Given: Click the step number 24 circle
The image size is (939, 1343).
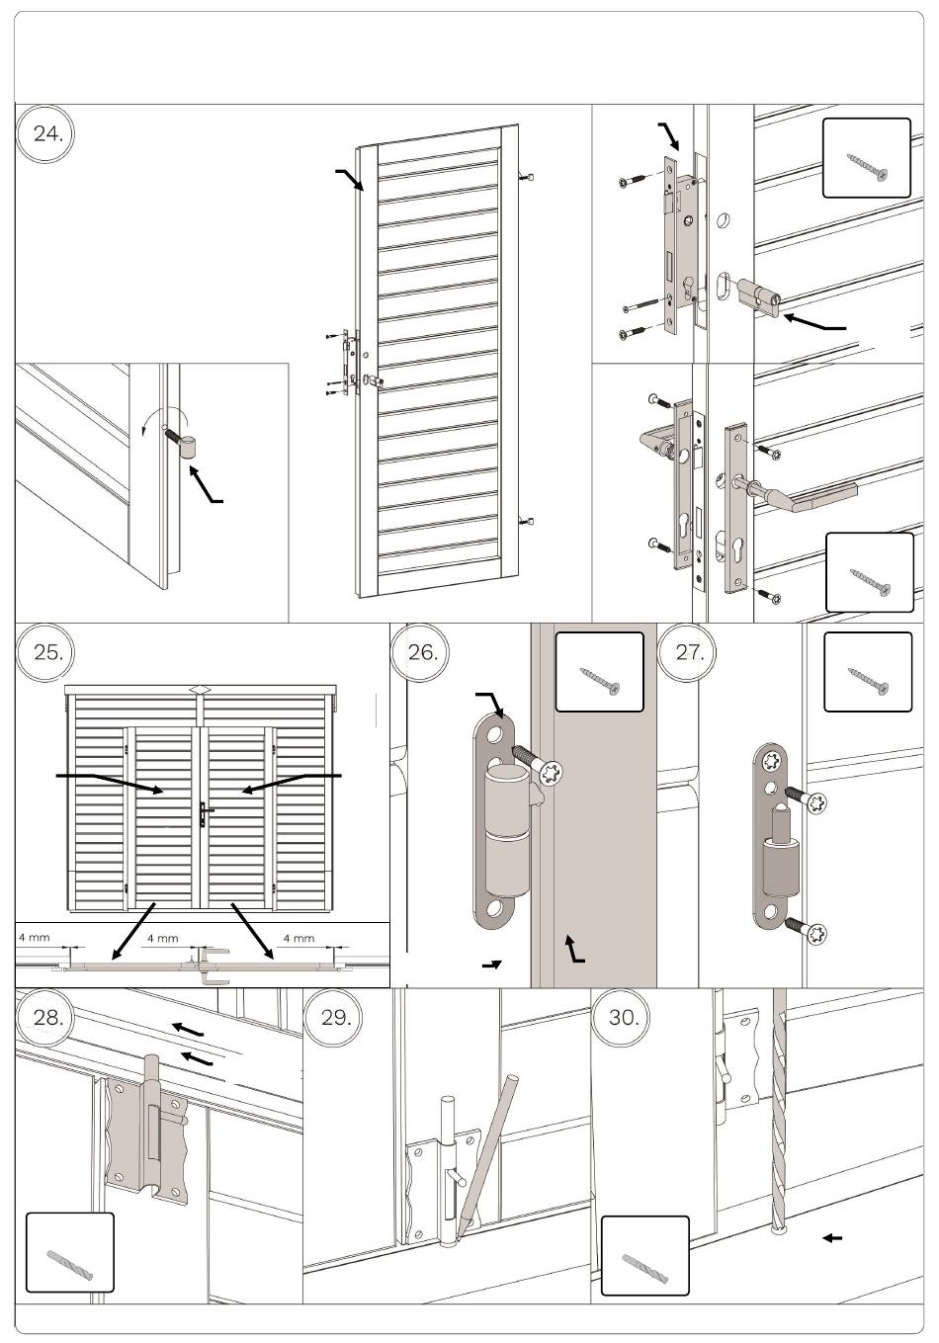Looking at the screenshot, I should point(46,133).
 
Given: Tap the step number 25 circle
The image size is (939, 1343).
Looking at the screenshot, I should point(46,652).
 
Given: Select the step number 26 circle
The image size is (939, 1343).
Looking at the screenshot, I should point(422,652).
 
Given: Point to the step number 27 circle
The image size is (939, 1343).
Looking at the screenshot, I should point(689,652).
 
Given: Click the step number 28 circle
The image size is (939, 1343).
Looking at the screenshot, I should point(46,1018).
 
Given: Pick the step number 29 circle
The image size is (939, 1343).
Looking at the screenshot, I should point(336,1018).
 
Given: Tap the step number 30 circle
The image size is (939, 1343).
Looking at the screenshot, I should point(623,1018).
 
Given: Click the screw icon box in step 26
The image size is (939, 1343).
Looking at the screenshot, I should point(599,672).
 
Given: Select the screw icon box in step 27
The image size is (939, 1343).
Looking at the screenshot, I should point(868,672).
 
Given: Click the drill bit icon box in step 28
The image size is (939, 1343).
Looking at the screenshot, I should point(69,1252).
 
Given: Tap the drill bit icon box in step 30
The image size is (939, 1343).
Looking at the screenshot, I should point(644,1255).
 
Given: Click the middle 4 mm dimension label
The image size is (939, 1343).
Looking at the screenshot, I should point(162,938).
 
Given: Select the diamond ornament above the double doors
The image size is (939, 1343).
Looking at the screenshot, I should point(201,690).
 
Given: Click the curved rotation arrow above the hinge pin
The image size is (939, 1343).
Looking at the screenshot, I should point(148,425).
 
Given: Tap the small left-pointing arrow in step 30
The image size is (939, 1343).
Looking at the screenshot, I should point(832,1237).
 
